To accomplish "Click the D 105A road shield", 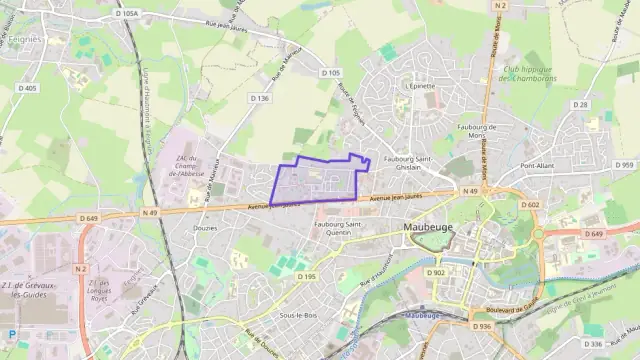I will point(126,13).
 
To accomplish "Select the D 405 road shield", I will point(27,88).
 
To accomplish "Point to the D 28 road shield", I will point(581,104).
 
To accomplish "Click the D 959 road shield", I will point(624,165).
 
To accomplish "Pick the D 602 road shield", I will point(530,205).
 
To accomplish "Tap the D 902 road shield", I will point(435,272).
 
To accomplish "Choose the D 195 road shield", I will point(306,276).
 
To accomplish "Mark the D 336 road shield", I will point(592,344).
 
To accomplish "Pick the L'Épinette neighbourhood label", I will point(421,86).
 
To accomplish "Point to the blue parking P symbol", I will point(11,334).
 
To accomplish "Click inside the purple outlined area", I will point(315,181).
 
